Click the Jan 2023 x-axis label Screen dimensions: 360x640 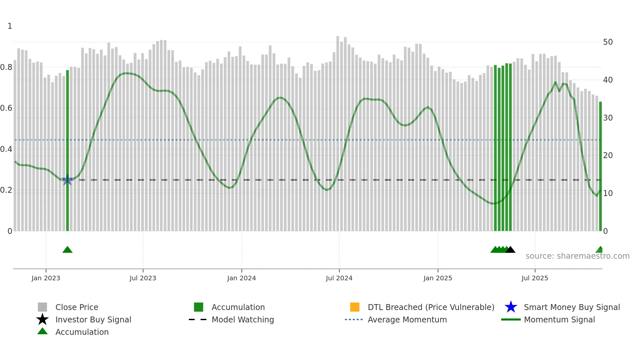46,278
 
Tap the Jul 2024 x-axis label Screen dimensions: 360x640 339,278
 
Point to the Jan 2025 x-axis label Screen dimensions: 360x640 438,278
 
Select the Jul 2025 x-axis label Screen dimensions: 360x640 535,278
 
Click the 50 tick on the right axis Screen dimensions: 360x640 608,42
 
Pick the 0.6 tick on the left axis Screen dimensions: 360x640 6,108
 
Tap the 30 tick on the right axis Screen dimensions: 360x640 608,118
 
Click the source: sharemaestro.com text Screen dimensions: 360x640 577,256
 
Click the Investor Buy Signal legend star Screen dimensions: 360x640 42,319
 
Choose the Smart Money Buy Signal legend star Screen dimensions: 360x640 511,307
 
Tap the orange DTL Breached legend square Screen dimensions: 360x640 355,307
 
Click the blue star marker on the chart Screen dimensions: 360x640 67,180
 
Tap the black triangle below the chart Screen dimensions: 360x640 510,250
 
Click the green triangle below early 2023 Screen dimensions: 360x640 67,250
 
